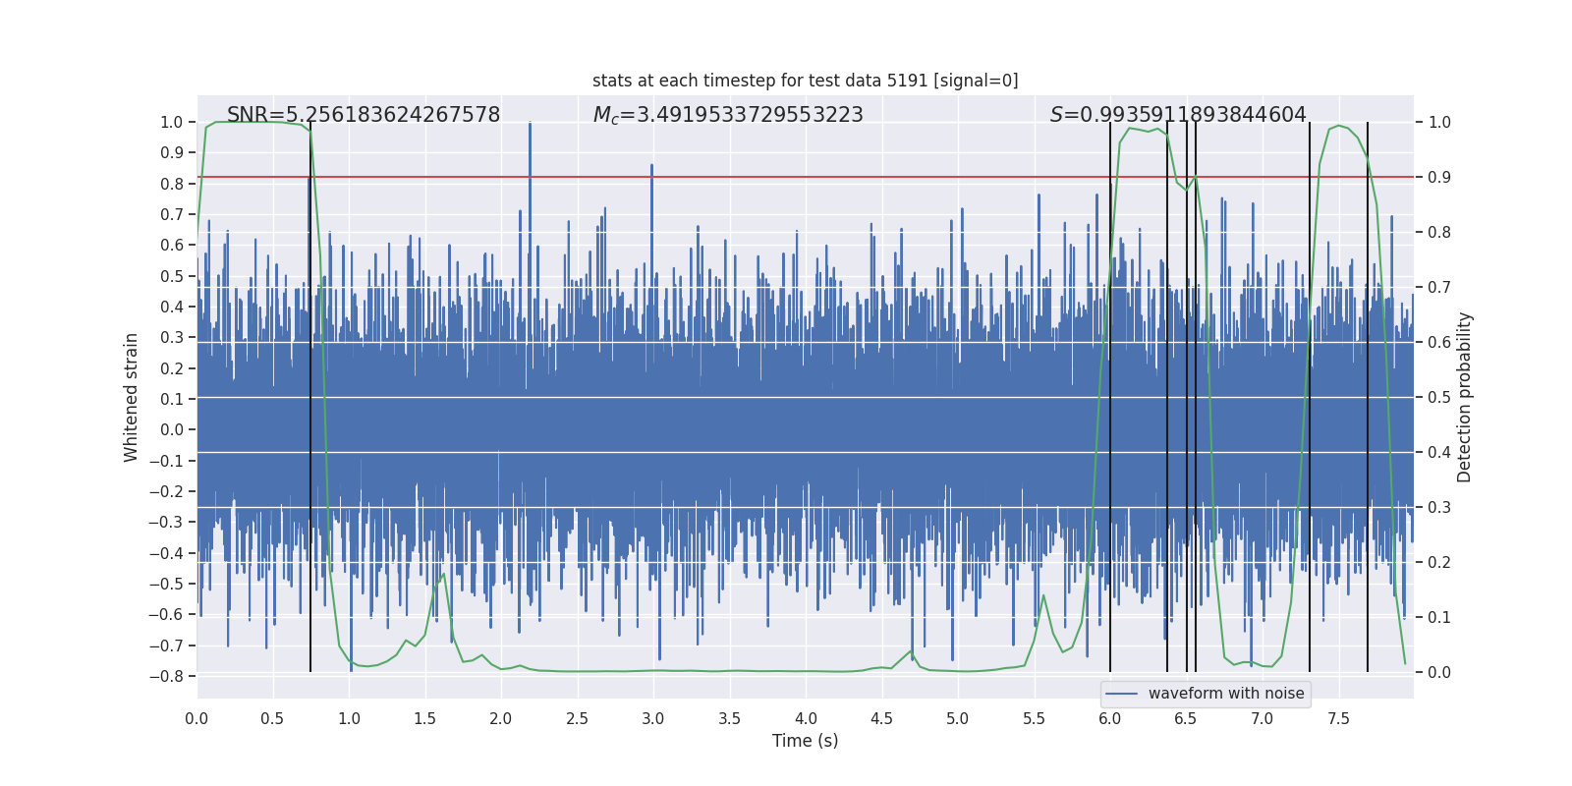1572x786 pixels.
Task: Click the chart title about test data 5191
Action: pyautogui.click(x=805, y=81)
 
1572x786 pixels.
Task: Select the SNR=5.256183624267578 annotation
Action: pyautogui.click(x=364, y=115)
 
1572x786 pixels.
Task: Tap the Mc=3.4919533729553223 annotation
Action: pyautogui.click(x=728, y=115)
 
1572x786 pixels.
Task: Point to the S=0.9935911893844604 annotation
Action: pyautogui.click(x=1178, y=115)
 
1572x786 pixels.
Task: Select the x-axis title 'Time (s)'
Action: pyautogui.click(x=805, y=741)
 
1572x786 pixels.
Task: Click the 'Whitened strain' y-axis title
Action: pyautogui.click(x=131, y=397)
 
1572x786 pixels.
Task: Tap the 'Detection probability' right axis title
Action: pyautogui.click(x=1465, y=397)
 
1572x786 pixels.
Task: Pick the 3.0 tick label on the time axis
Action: pyautogui.click(x=653, y=718)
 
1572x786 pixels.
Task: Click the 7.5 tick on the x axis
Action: pyautogui.click(x=1338, y=718)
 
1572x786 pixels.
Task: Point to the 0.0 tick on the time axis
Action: pyautogui.click(x=196, y=718)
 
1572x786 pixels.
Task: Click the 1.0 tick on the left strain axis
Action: pyautogui.click(x=172, y=122)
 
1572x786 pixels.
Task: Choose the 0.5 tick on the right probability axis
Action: pyautogui.click(x=1439, y=397)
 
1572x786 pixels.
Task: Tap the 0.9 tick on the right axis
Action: pyautogui.click(x=1439, y=177)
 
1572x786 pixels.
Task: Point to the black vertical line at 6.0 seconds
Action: pyautogui.click(x=1110, y=393)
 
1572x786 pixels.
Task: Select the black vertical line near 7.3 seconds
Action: pyautogui.click(x=1310, y=393)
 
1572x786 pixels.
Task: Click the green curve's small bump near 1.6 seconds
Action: pyautogui.click(x=443, y=575)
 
